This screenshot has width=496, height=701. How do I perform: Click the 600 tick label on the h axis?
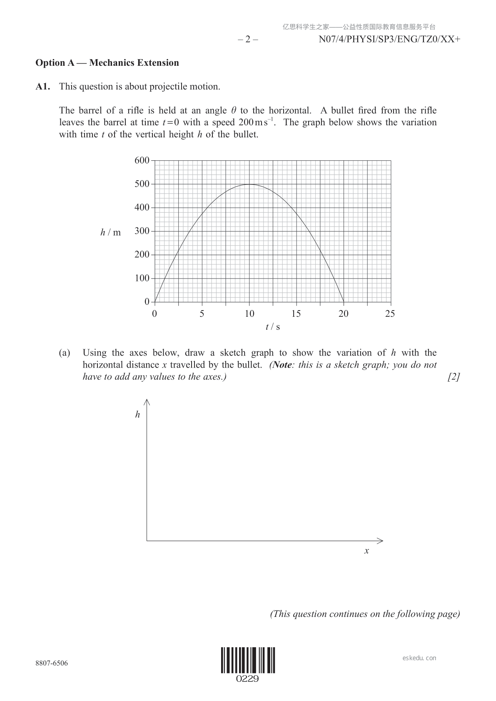(x=142, y=160)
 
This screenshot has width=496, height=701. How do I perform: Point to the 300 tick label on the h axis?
(x=142, y=231)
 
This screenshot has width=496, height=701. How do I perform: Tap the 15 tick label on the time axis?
(x=296, y=313)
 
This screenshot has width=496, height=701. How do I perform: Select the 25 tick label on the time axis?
(x=390, y=313)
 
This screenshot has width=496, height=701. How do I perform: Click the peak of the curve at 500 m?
(x=249, y=184)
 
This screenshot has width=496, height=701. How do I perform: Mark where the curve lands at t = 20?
(x=344, y=302)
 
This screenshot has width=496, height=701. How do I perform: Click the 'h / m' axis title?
(x=110, y=232)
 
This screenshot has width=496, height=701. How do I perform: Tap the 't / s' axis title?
(x=272, y=327)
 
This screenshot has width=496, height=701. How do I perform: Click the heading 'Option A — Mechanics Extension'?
(x=107, y=63)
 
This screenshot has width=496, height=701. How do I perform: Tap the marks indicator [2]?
(x=454, y=377)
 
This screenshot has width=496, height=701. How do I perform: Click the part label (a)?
(x=65, y=353)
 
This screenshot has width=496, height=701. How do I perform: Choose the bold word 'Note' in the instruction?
(x=282, y=365)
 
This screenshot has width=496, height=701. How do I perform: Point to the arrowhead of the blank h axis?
(x=147, y=402)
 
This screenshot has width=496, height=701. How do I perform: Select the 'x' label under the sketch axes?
(x=366, y=551)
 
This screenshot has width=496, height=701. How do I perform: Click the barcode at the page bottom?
(x=248, y=660)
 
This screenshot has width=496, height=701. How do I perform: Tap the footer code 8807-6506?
(x=52, y=663)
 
